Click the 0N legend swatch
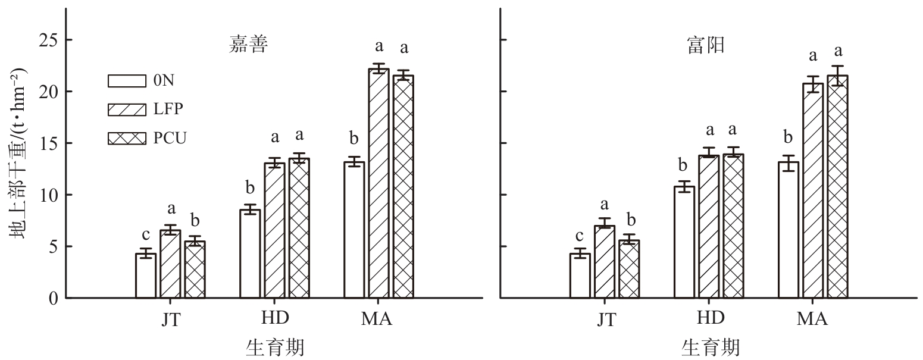[x=127, y=80]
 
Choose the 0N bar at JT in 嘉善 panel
[x=146, y=276]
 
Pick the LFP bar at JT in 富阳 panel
[x=605, y=262]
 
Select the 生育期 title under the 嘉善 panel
[x=275, y=348]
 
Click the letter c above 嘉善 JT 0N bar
[x=146, y=234]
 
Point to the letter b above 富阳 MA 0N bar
[x=789, y=138]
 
